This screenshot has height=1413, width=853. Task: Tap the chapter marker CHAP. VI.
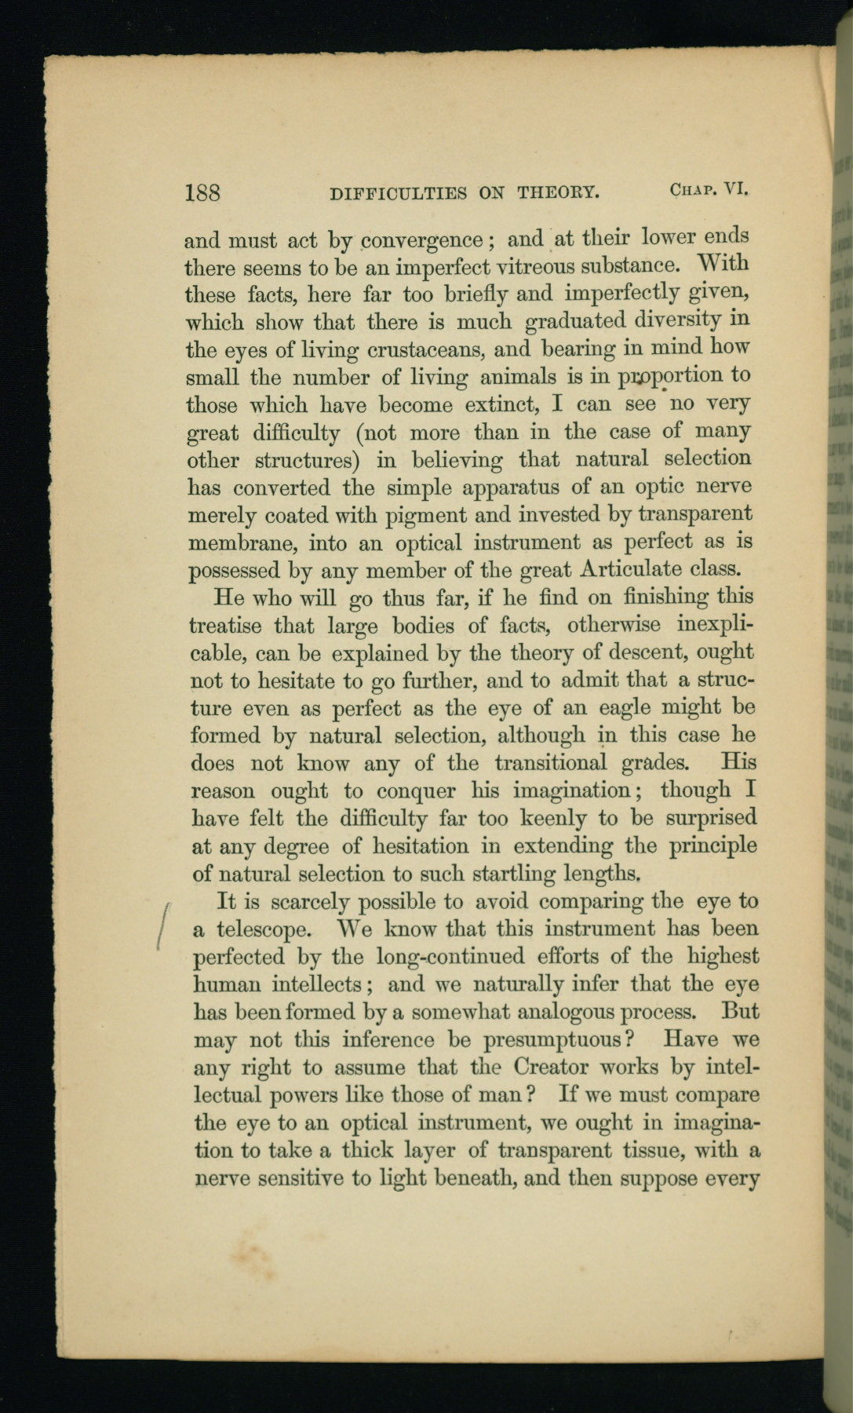pyautogui.click(x=712, y=189)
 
